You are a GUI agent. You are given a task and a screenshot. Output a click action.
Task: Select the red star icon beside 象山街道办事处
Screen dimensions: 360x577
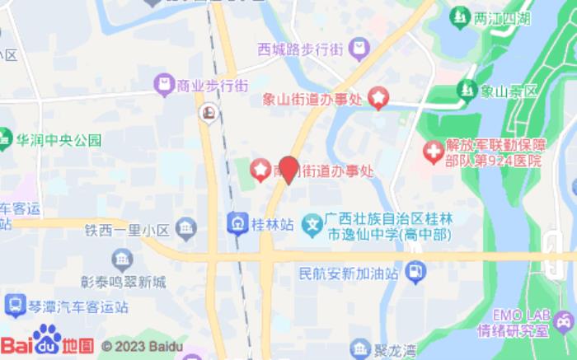click(378, 99)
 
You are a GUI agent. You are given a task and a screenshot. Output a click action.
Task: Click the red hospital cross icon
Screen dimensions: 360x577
click(432, 152)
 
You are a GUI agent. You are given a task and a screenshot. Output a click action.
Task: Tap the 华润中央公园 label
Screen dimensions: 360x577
click(59, 139)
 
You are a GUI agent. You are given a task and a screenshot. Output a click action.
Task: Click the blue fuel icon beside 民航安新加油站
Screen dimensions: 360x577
click(416, 270)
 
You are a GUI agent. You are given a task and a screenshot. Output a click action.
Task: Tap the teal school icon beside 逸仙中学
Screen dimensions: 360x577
click(312, 222)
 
